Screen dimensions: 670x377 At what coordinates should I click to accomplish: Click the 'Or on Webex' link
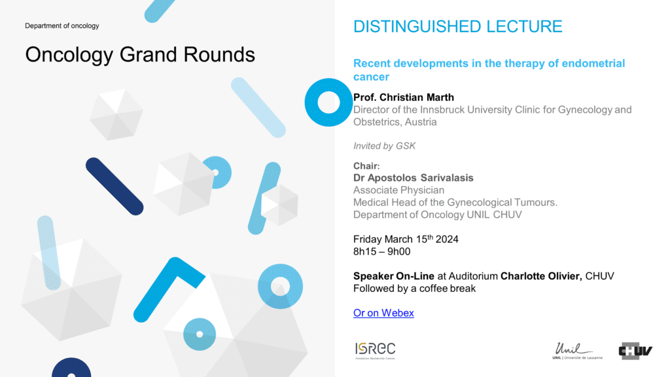coord(383,313)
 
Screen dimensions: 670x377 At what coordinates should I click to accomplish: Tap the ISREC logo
coord(375,351)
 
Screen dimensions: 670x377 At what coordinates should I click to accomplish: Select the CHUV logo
coord(635,351)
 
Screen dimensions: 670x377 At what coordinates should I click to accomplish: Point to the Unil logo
coord(577,351)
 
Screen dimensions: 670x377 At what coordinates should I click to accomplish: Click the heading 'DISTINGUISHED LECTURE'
coord(457,26)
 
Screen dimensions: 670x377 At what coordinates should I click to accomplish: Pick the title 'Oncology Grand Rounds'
coord(140,55)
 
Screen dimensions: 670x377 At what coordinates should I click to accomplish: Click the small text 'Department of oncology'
coord(62,26)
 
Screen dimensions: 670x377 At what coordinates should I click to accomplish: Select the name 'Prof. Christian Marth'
coord(404,98)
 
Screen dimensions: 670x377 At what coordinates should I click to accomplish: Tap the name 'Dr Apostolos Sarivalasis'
coord(414,178)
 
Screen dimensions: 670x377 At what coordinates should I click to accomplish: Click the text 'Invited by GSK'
coord(384,146)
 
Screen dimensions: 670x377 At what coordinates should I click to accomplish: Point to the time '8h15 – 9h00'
coord(381,251)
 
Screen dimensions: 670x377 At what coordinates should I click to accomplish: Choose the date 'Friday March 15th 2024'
coord(406,239)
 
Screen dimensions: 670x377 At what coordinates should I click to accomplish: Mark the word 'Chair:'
coord(366,166)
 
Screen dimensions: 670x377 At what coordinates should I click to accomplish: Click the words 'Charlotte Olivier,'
coord(541,276)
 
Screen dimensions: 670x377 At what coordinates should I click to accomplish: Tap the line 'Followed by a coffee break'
coord(414,289)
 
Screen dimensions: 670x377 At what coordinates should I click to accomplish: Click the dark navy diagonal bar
coord(115,187)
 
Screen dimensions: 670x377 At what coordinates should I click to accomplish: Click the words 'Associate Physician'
coord(398,190)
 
